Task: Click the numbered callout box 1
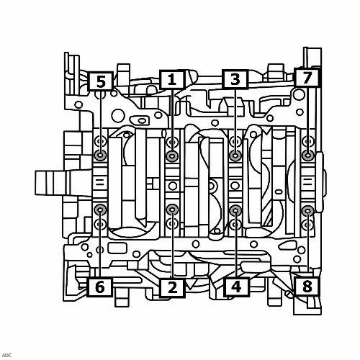(172, 79)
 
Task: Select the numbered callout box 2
(172, 287)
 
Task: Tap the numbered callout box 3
(235, 79)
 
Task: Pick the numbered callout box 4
(236, 287)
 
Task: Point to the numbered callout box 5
(101, 81)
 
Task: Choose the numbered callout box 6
(100, 287)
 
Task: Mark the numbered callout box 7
(307, 78)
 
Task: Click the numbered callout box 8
(307, 287)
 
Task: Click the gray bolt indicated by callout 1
(172, 156)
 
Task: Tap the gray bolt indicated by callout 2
(172, 210)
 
